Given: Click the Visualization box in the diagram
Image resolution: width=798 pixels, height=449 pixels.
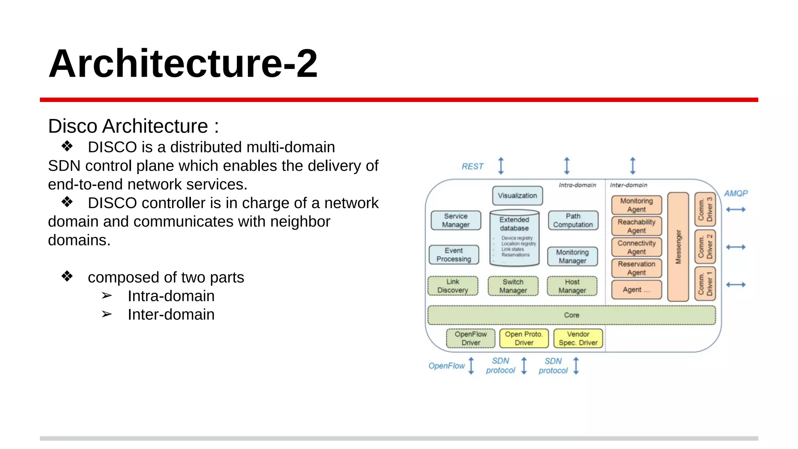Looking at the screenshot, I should [517, 196].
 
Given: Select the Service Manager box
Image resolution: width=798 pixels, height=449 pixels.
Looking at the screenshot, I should [455, 221].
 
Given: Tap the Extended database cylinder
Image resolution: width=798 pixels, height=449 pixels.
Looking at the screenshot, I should [514, 238].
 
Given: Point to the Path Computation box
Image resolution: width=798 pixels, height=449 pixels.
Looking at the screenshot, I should [573, 221].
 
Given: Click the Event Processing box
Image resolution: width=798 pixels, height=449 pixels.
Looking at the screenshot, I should [454, 255].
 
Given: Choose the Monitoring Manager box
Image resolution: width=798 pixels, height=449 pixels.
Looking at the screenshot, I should [572, 256].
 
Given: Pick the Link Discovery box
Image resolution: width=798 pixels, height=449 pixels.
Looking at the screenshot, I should [453, 286].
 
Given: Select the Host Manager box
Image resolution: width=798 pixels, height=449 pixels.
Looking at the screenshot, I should [572, 286].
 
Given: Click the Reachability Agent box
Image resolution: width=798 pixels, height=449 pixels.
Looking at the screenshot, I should [636, 226].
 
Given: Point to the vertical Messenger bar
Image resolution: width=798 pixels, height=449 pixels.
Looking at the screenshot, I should [678, 247].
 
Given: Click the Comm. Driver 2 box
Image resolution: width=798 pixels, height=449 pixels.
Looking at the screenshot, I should [705, 247].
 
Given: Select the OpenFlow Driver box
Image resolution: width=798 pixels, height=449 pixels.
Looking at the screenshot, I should [471, 338].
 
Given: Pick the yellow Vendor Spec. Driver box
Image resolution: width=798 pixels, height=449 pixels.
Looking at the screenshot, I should [578, 338].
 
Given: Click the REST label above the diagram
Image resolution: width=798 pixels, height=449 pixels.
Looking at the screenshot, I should [472, 166].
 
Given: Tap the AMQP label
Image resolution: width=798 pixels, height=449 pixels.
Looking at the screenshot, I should [736, 193].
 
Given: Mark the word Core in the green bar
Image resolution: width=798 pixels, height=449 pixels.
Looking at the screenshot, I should [572, 315].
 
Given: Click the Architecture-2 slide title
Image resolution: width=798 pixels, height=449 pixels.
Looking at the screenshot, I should [183, 64].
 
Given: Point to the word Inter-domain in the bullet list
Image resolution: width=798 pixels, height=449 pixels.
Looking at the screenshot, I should [171, 315].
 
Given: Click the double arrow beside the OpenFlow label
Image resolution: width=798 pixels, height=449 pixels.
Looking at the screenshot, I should [471, 366].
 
